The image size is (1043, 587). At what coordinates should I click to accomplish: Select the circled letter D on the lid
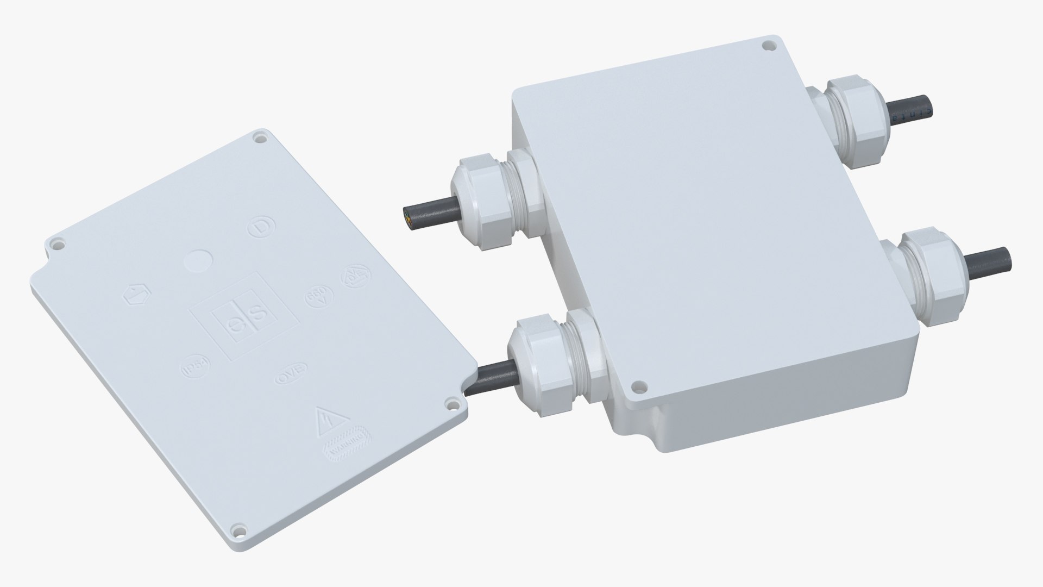259,228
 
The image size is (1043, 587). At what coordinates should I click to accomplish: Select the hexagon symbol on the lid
134,296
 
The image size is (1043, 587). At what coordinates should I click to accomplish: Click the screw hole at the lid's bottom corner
237,528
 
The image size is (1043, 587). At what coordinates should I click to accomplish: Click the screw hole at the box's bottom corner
639,386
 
